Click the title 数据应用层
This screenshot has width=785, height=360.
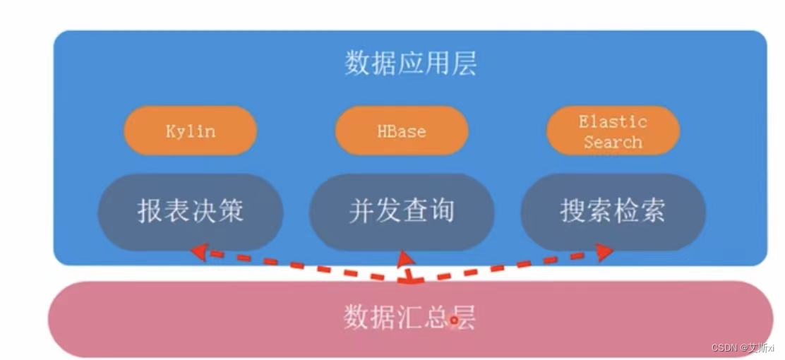[x=410, y=64]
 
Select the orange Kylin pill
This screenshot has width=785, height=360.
[x=190, y=131]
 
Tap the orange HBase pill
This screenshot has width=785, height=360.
[x=401, y=131]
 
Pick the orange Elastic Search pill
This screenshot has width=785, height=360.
[x=613, y=131]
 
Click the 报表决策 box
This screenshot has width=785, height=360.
[x=190, y=211]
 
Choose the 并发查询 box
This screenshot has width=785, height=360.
[x=401, y=211]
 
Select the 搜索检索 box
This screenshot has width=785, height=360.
[x=613, y=211]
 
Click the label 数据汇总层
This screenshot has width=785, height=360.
[x=409, y=318]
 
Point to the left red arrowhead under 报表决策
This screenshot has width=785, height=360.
[x=198, y=251]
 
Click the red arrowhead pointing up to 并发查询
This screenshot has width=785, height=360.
[x=405, y=258]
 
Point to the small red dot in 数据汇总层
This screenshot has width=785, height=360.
[x=454, y=320]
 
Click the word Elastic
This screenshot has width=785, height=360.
[x=613, y=121]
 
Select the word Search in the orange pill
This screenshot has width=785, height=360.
[x=613, y=142]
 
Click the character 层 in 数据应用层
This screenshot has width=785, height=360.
[x=464, y=64]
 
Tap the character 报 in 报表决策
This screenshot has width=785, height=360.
[x=150, y=211]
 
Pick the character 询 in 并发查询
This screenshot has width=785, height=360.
[x=441, y=211]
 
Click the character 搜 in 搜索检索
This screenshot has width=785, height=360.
[x=573, y=211]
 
